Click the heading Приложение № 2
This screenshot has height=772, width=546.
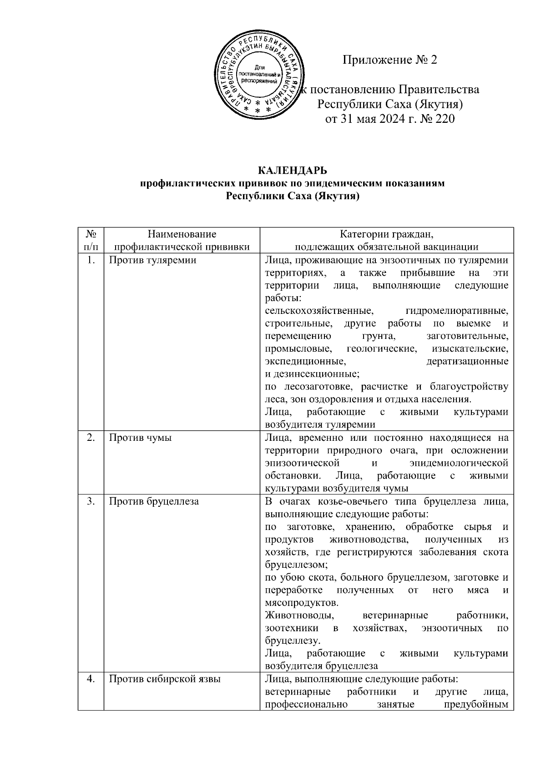(x=389, y=60)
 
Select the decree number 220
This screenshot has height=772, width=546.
(x=445, y=119)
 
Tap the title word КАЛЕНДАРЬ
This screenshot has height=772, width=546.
(x=293, y=171)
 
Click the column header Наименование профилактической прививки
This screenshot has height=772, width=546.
(x=182, y=241)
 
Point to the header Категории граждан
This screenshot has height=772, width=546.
(x=386, y=234)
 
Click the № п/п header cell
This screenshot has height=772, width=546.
(x=91, y=241)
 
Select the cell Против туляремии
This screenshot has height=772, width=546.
(x=153, y=260)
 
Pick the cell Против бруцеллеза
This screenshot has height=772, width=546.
(x=154, y=501)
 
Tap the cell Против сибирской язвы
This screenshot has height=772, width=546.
(x=165, y=679)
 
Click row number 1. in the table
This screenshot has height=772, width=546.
(x=91, y=260)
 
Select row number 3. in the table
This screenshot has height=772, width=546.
(x=91, y=501)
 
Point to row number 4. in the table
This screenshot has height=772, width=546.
(x=91, y=679)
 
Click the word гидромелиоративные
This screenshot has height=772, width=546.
(x=456, y=311)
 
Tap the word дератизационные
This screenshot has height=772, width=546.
(x=467, y=362)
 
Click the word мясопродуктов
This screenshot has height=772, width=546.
(x=301, y=603)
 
